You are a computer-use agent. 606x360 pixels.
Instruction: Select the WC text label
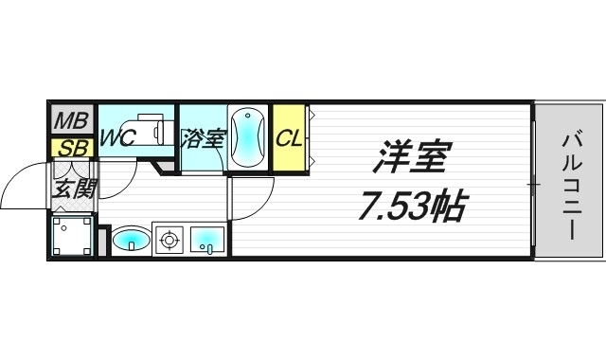[x=119, y=138]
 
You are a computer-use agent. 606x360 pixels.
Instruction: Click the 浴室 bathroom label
[x=202, y=138]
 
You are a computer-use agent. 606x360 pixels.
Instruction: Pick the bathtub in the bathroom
[x=246, y=137]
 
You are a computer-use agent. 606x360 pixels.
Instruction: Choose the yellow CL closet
[x=289, y=138]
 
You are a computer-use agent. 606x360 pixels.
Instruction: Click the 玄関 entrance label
[x=71, y=187]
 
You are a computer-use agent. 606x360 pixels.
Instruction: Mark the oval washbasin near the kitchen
[x=130, y=242]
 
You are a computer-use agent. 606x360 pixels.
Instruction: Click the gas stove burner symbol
[x=169, y=241]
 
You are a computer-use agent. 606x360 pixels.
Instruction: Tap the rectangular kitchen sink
[x=206, y=241]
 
